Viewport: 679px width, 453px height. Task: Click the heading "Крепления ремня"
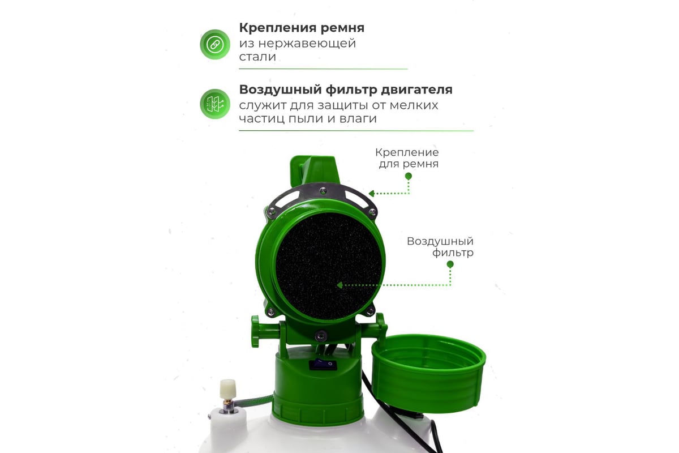tap(302, 28)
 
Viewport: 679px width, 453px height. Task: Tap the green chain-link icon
tap(215, 44)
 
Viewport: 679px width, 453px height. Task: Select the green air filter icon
tap(215, 104)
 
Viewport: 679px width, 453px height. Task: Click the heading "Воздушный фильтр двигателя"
tap(346, 90)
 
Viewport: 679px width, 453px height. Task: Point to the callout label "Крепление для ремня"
tap(407, 158)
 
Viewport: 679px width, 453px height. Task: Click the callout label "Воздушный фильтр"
tap(440, 247)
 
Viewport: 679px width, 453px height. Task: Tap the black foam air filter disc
tap(329, 266)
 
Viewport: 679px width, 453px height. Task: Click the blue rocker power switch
tap(323, 364)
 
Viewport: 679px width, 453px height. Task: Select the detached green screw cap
tap(428, 373)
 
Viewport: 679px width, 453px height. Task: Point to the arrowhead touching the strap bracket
tap(372, 193)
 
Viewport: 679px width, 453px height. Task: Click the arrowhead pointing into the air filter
tap(340, 285)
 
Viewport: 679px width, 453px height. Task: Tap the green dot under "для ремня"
tap(409, 176)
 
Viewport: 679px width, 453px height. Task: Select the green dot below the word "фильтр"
tap(450, 264)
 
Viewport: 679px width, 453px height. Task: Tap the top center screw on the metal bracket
tap(323, 191)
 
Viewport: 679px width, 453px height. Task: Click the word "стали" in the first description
tap(257, 57)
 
